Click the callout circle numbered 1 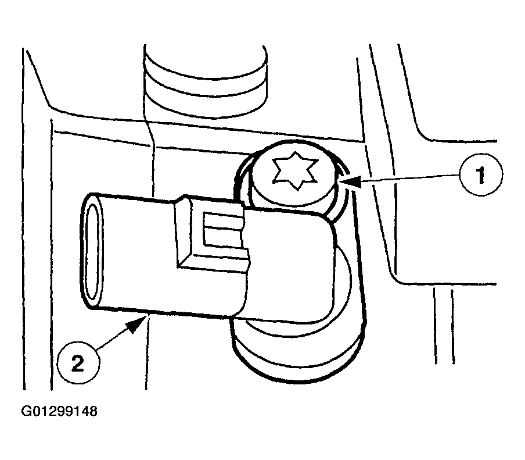point(480,174)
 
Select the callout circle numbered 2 point(78,363)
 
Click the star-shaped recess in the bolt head point(295,171)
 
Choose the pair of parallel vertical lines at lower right point(444,326)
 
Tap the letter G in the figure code point(27,411)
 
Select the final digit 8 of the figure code point(93,411)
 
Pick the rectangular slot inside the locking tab point(222,231)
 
